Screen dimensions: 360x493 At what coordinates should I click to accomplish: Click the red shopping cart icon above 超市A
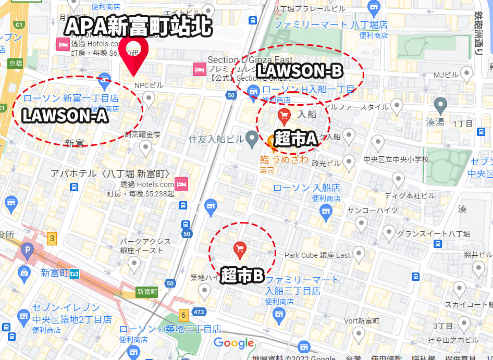284,115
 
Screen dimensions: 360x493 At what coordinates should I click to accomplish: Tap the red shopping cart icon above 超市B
240,250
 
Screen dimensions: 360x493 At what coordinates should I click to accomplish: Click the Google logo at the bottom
233,343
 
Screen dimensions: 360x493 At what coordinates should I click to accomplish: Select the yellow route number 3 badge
52,239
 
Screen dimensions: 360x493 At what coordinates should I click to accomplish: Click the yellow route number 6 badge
183,315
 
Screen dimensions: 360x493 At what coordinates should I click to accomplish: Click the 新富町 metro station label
55,272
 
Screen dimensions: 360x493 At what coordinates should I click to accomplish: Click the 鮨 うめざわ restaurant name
285,159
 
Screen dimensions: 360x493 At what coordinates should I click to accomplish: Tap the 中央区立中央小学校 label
396,159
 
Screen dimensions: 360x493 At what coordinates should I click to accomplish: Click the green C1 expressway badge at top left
19,24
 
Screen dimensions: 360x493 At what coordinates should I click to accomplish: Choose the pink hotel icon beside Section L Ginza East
199,69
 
